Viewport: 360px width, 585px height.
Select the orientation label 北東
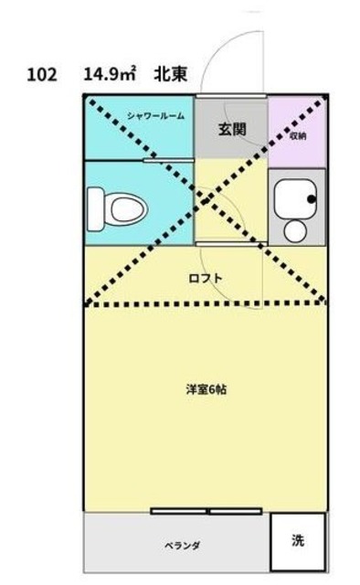171,74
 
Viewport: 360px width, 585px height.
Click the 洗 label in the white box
298,540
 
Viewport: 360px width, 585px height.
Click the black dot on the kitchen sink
312,198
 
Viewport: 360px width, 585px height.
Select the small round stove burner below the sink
295,229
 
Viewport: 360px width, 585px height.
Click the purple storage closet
297,128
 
